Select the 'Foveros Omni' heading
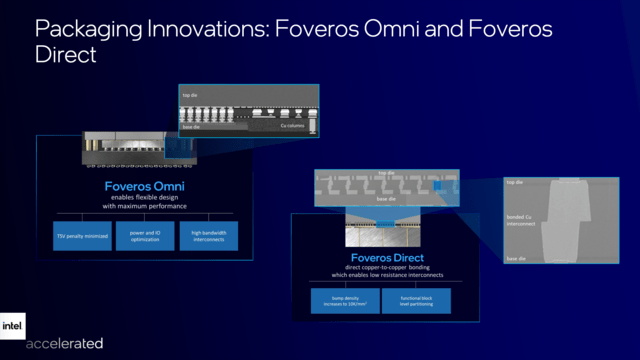[x=144, y=185]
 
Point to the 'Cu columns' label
[x=292, y=126]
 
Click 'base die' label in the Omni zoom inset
[x=190, y=126]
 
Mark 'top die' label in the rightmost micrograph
[x=516, y=183]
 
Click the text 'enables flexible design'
[x=144, y=198]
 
